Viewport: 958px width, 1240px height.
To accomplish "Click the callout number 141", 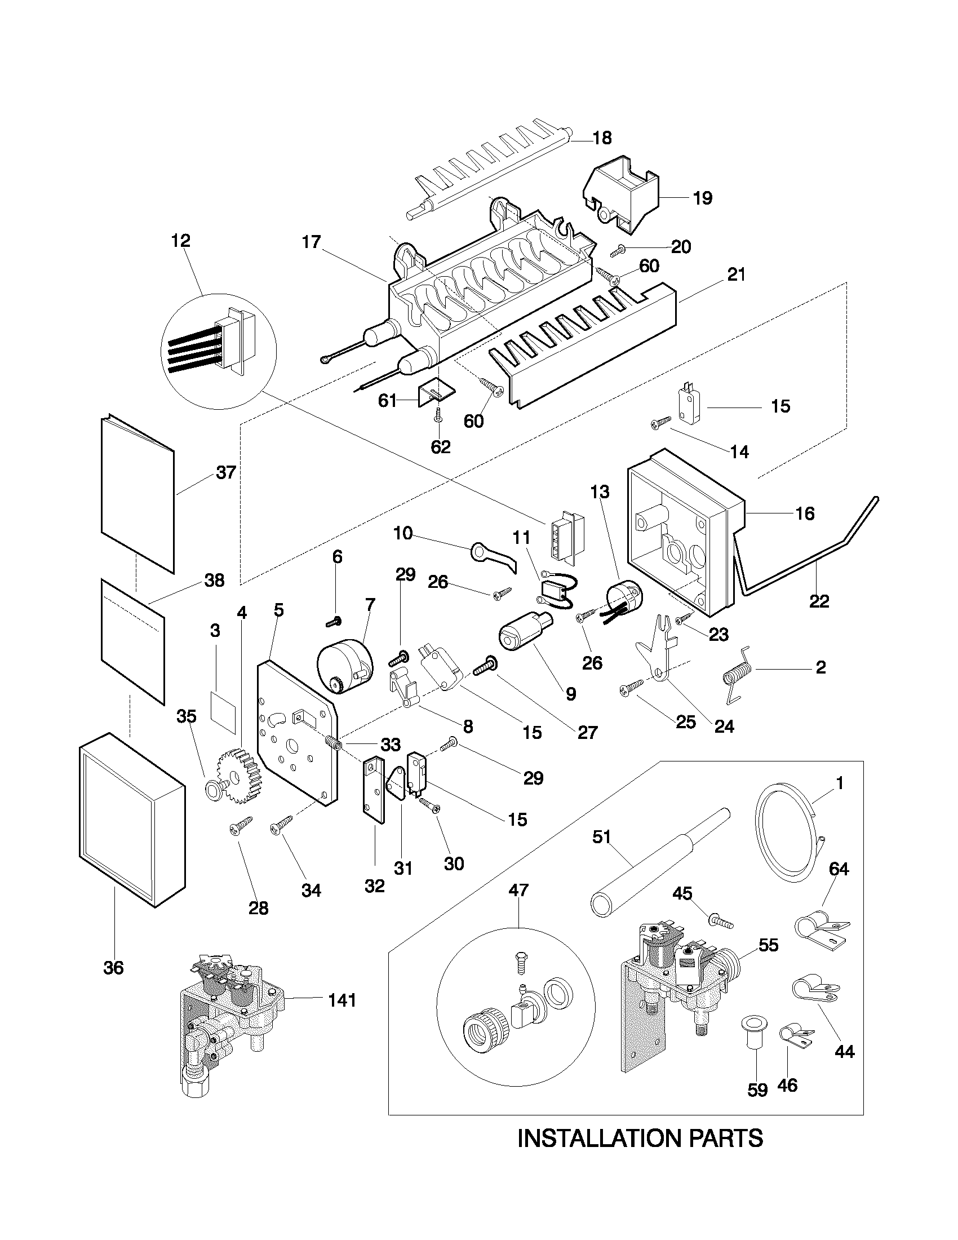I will coord(342,1000).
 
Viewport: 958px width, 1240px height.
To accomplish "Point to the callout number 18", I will coord(602,138).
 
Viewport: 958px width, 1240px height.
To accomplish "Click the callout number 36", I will coord(113,968).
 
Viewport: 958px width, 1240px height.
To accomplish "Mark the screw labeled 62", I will coord(438,417).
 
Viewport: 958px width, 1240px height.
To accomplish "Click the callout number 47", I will coord(518,889).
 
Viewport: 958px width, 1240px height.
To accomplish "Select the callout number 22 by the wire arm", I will coord(819,601).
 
